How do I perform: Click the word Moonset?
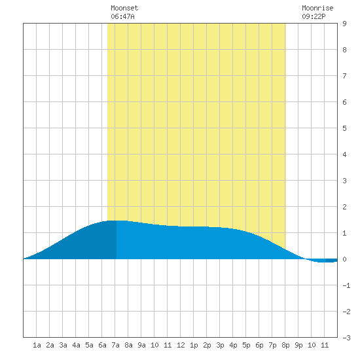tap(124, 8)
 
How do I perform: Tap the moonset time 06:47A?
tap(122, 16)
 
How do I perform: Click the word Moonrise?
tap(317, 8)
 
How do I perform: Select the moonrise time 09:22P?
tap(314, 16)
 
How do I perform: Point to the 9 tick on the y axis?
tap(344, 24)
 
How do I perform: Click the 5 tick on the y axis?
tap(344, 128)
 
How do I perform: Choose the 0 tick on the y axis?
tap(344, 259)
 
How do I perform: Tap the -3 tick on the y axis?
tap(346, 338)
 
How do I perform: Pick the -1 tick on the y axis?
tap(346, 285)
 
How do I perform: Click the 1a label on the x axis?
tap(37, 345)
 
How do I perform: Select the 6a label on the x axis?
tap(102, 345)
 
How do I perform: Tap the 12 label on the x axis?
tap(181, 345)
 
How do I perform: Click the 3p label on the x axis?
tap(220, 345)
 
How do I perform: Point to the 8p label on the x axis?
tap(285, 345)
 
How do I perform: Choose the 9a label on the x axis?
tap(141, 345)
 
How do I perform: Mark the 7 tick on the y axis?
tap(344, 76)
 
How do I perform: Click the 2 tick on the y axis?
tap(344, 207)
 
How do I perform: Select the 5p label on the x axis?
tap(246, 345)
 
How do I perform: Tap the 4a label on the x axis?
tap(76, 345)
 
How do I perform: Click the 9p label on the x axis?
tap(298, 345)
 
